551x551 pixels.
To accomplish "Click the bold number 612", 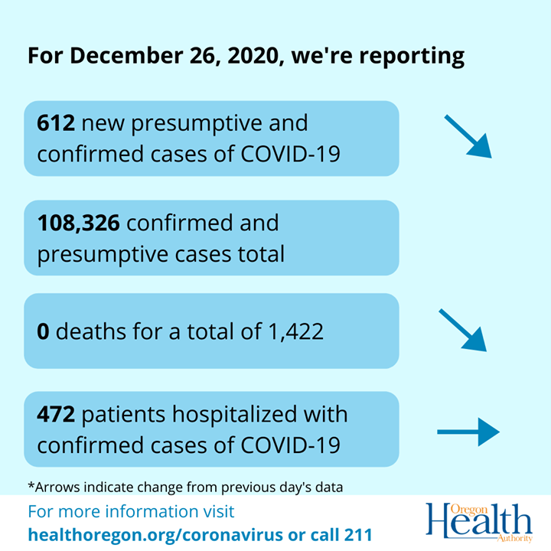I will (x=56, y=122).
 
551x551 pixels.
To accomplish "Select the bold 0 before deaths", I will (x=44, y=331).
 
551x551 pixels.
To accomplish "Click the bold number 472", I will (x=56, y=414).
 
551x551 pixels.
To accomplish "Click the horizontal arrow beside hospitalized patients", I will (x=468, y=432).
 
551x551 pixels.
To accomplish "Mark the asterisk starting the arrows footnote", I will (x=31, y=484).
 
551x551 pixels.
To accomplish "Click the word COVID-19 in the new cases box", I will (x=292, y=153).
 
